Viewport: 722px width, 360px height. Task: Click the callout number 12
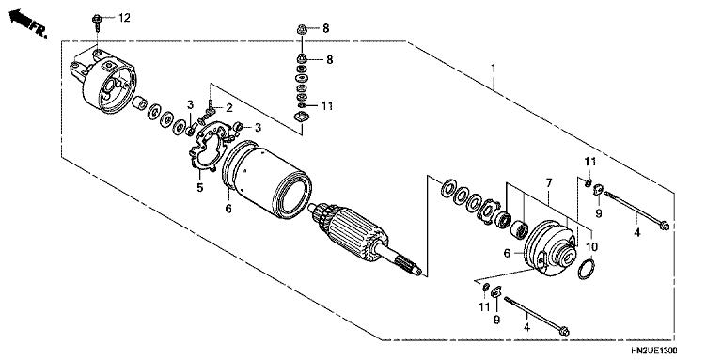125,19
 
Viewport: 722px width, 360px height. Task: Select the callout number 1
494,69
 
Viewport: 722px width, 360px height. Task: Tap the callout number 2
228,109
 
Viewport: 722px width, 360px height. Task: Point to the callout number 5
199,187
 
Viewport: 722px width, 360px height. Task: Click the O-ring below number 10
584,272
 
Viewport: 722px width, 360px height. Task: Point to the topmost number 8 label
327,29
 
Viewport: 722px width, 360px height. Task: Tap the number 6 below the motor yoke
228,209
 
